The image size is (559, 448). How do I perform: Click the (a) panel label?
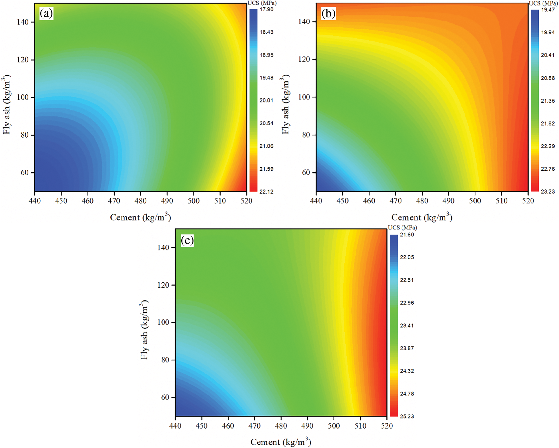tap(46, 14)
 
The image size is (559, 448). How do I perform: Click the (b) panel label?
tap(328, 14)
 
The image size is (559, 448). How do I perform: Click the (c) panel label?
tap(187, 241)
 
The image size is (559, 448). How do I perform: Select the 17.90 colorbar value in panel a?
tap(266, 9)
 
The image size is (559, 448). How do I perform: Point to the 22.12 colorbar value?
tap(266, 192)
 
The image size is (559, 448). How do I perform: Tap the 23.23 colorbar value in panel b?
tap(548, 192)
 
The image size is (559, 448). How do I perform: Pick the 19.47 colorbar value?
tap(548, 10)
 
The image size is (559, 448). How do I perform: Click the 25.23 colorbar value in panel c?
tap(407, 416)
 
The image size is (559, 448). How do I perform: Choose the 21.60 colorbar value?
tap(407, 235)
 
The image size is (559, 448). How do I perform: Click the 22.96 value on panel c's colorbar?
tap(407, 303)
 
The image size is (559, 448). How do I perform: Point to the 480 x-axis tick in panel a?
tap(140, 201)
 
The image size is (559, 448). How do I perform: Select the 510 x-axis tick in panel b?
tap(501, 201)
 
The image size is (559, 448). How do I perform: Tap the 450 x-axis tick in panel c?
tap(202, 426)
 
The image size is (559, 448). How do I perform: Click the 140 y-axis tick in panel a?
tap(23, 22)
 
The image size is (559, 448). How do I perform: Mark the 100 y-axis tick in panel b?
tap(304, 97)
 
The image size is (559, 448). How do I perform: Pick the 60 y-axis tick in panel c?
tap(165, 397)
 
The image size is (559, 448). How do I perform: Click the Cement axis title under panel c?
tap(281, 442)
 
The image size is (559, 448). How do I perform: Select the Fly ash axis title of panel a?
tap(7, 104)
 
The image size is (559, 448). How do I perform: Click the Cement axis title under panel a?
tap(140, 217)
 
